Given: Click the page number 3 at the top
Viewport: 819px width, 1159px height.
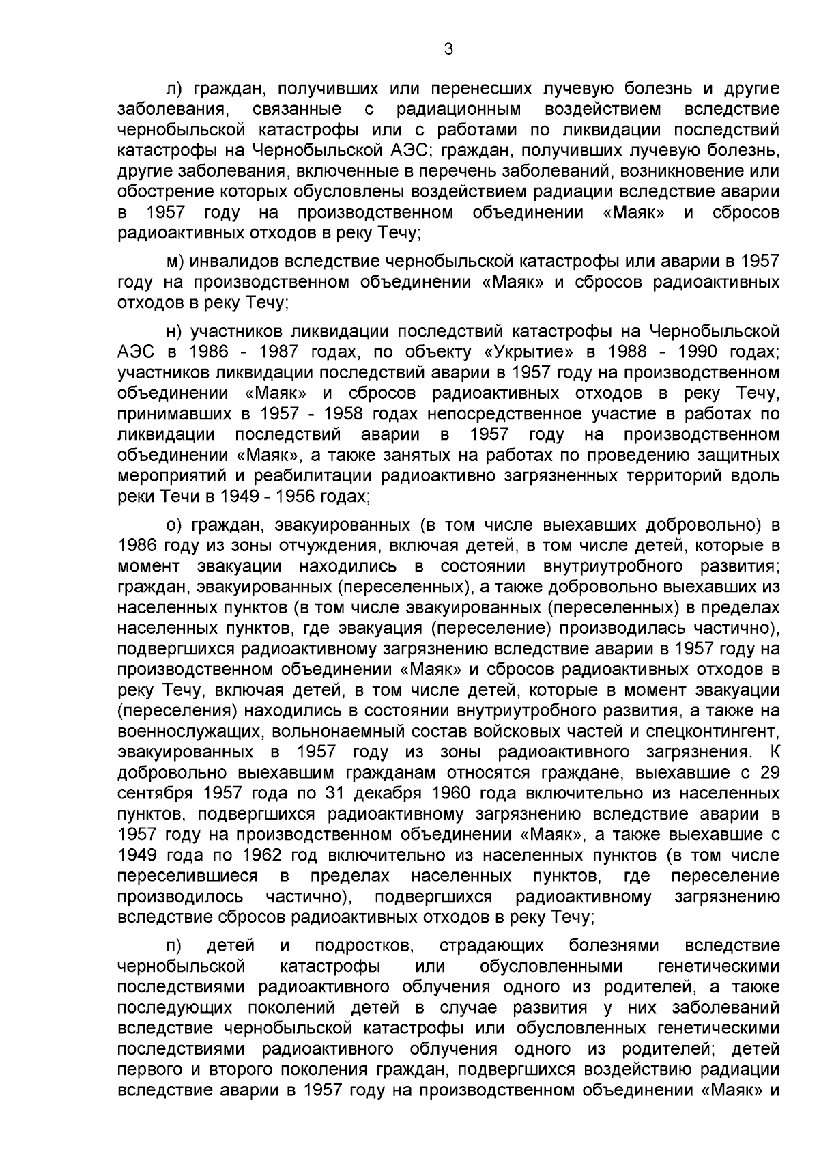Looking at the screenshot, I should [x=448, y=48].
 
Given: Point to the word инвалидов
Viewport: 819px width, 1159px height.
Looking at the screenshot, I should [x=233, y=262].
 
